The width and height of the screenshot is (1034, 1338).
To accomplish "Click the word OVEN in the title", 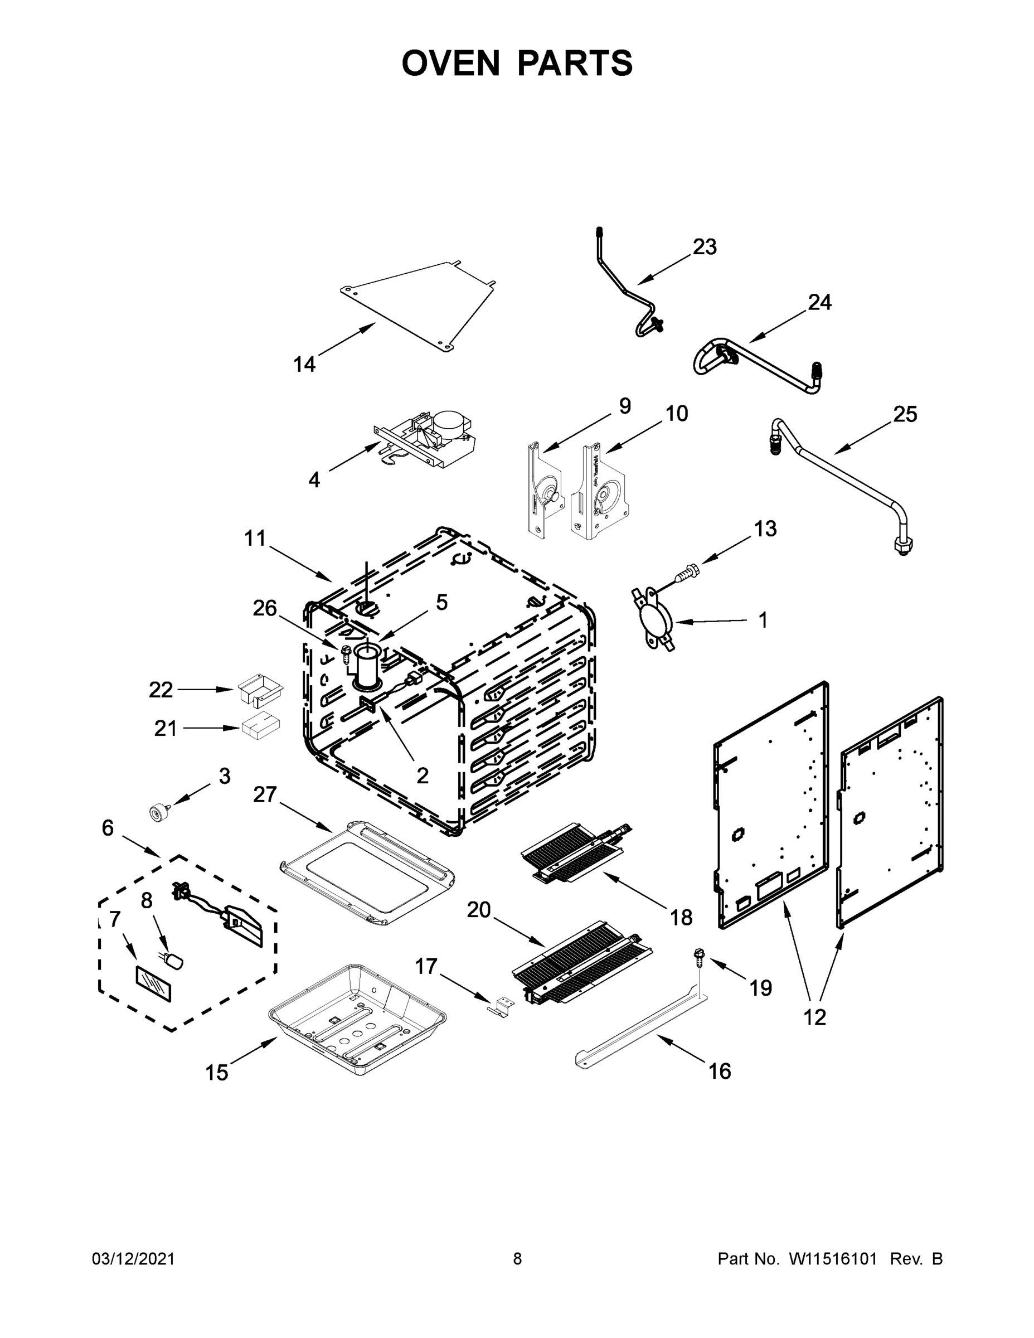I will point(451,63).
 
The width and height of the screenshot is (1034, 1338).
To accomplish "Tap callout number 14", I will point(304,365).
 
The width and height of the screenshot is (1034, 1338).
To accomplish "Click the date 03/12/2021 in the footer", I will point(134,1259).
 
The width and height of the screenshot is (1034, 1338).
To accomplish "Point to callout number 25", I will point(905,415).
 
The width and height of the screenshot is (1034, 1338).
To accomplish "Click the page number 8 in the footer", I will point(517,1259).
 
